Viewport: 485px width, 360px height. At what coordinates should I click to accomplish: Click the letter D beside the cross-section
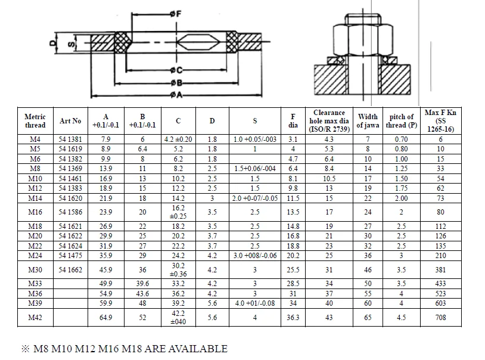coord(52,43)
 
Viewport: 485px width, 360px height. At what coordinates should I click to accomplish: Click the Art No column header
coord(70,121)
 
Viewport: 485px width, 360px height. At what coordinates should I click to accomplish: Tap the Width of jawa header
coord(368,121)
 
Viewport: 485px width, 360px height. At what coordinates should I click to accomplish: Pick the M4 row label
coord(35,139)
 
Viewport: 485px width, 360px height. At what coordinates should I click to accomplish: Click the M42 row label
coord(35,318)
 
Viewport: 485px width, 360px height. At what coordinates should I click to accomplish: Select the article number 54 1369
coord(70,169)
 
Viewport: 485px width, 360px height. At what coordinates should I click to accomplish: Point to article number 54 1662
coord(70,270)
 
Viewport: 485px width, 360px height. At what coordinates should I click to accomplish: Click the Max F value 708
coord(440,318)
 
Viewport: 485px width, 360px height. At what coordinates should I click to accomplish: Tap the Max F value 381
coord(440,270)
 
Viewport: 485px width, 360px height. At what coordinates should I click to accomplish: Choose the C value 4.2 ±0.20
coord(178,139)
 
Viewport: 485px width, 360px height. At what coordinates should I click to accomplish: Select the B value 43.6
coord(142,294)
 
